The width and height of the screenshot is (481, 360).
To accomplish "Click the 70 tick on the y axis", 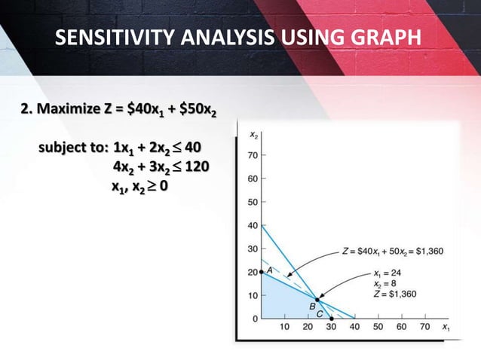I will click(253, 155).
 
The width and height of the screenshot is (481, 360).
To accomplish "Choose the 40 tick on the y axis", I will click(253, 225).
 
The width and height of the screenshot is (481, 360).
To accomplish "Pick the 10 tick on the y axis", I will click(253, 295).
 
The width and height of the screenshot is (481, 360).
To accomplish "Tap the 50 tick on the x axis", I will click(377, 328).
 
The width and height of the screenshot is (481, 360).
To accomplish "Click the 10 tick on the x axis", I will click(284, 328).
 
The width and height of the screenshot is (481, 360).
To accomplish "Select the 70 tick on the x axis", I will click(424, 328).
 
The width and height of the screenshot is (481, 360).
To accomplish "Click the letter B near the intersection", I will click(311, 307).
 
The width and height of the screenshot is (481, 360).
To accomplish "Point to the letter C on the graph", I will click(320, 313).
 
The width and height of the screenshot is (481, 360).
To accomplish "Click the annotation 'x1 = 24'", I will click(390, 274).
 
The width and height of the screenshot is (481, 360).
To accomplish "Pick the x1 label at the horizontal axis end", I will click(446, 328).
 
